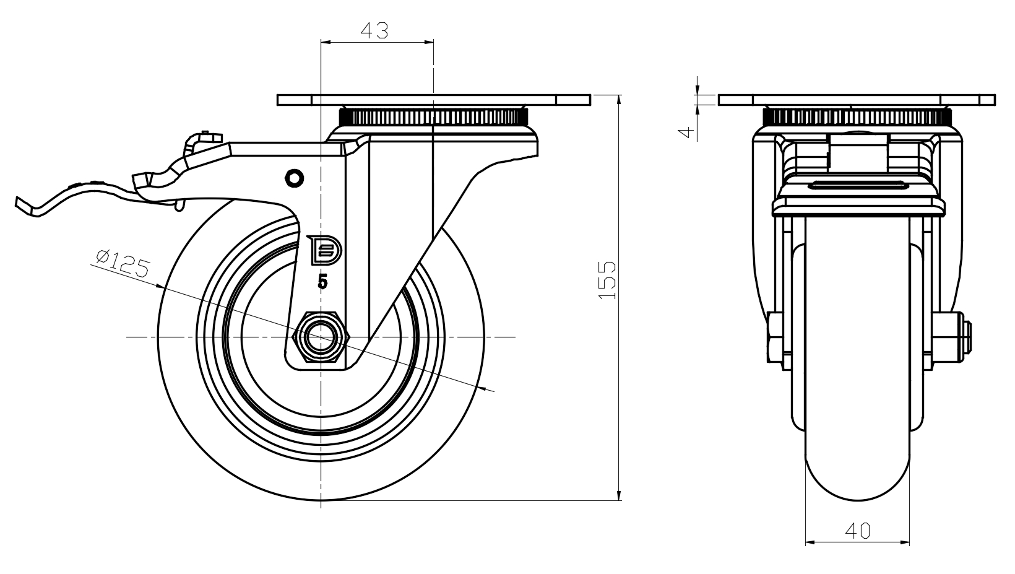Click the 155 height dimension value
point(608,280)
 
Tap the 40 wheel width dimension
point(857,530)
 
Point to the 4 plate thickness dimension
point(685,132)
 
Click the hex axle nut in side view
point(320,337)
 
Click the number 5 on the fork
point(322,282)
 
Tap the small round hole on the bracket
point(294,178)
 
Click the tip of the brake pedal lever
point(22,204)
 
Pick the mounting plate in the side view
point(433,100)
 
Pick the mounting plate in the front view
point(857,100)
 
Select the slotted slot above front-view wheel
point(857,184)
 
